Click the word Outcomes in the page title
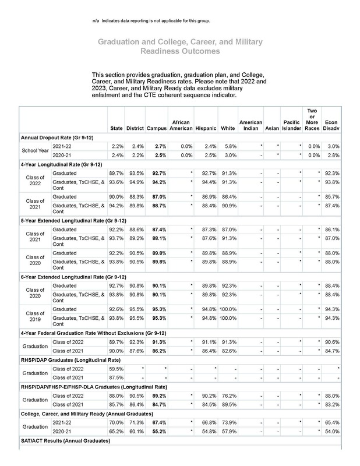[x=202, y=51]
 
